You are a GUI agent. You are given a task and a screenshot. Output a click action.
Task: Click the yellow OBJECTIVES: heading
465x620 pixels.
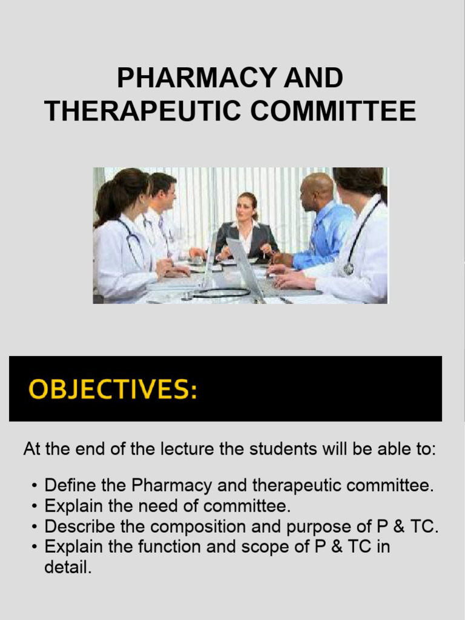(x=113, y=389)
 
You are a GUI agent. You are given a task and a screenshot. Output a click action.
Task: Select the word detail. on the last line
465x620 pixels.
(x=68, y=568)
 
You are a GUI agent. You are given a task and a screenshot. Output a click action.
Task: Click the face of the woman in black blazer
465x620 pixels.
(x=245, y=208)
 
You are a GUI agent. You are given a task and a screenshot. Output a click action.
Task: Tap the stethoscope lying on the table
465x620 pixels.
(x=221, y=293)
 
